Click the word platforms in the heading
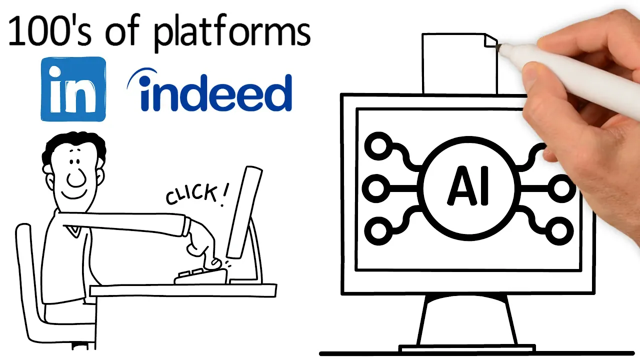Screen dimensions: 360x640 tap(232, 33)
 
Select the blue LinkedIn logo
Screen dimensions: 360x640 tap(73, 89)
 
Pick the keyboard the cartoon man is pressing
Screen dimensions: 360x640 tap(200, 275)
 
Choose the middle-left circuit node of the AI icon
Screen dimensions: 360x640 tap(375, 188)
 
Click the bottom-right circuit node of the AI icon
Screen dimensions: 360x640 tap(560, 231)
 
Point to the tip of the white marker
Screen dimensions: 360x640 tap(500, 46)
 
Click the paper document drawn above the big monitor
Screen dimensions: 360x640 tap(459, 62)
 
